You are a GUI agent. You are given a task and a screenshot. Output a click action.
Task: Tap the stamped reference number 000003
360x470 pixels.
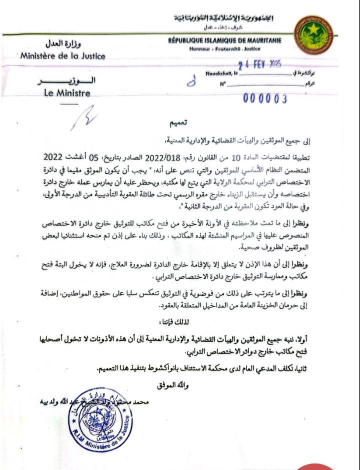265,98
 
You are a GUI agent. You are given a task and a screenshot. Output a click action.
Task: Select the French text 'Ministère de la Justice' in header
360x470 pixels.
63,56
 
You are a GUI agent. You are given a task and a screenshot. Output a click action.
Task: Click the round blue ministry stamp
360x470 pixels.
99,421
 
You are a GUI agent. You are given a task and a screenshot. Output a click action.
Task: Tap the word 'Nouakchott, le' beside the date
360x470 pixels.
222,73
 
